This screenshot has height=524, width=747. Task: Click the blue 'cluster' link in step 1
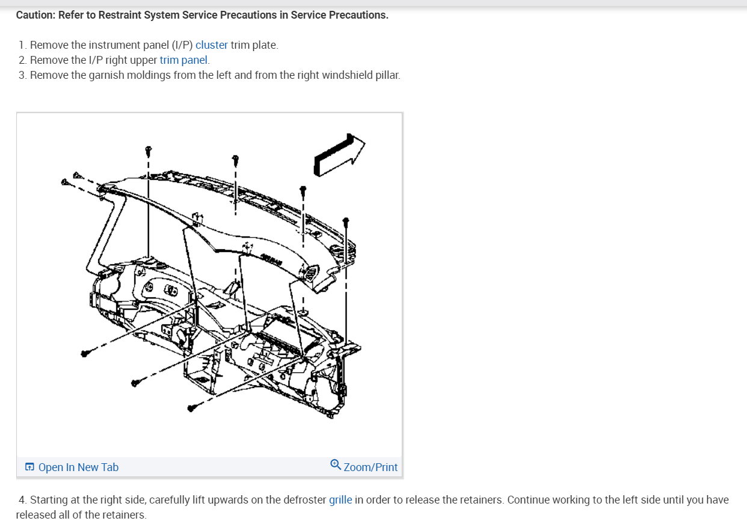(212, 45)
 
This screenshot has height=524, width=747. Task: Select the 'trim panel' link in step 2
(184, 60)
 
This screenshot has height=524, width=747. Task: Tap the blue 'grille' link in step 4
(340, 500)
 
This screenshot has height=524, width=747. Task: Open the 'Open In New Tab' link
(78, 467)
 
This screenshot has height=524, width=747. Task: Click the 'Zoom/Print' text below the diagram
(370, 467)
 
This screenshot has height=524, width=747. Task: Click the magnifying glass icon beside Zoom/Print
(336, 465)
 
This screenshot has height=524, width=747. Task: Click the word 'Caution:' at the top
(35, 15)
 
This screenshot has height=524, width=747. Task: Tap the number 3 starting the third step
(22, 75)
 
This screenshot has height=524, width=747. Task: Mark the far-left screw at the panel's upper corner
(65, 181)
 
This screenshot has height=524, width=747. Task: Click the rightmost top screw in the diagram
(346, 221)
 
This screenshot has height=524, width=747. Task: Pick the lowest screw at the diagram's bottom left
(192, 408)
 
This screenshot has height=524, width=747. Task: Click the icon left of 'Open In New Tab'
(29, 467)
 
